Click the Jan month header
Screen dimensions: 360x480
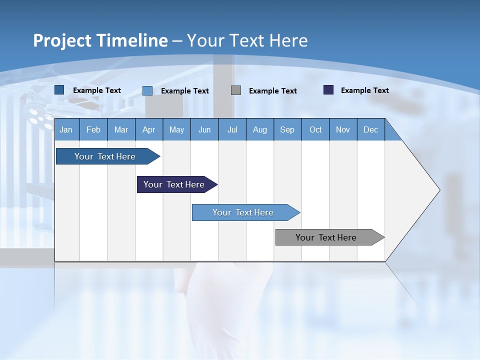pyautogui.click(x=66, y=129)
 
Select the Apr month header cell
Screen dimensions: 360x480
pyautogui.click(x=148, y=129)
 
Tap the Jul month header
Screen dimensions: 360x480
pyautogui.click(x=232, y=129)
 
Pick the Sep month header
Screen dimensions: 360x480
pyautogui.click(x=287, y=129)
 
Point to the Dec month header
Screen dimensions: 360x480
pyautogui.click(x=370, y=129)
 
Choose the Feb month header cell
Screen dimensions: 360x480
pyautogui.click(x=93, y=129)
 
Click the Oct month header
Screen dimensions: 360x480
pyautogui.click(x=315, y=129)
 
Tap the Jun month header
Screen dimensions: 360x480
pyautogui.click(x=204, y=129)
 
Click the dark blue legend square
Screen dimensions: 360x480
pyautogui.click(x=59, y=90)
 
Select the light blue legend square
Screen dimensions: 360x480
pyautogui.click(x=147, y=90)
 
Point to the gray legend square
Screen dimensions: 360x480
pyautogui.click(x=236, y=90)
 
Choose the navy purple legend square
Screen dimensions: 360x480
pyautogui.click(x=328, y=90)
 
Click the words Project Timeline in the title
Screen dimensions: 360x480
pyautogui.click(x=100, y=40)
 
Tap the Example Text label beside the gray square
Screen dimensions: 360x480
pyautogui.click(x=272, y=90)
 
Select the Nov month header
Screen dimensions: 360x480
pyautogui.click(x=343, y=129)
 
